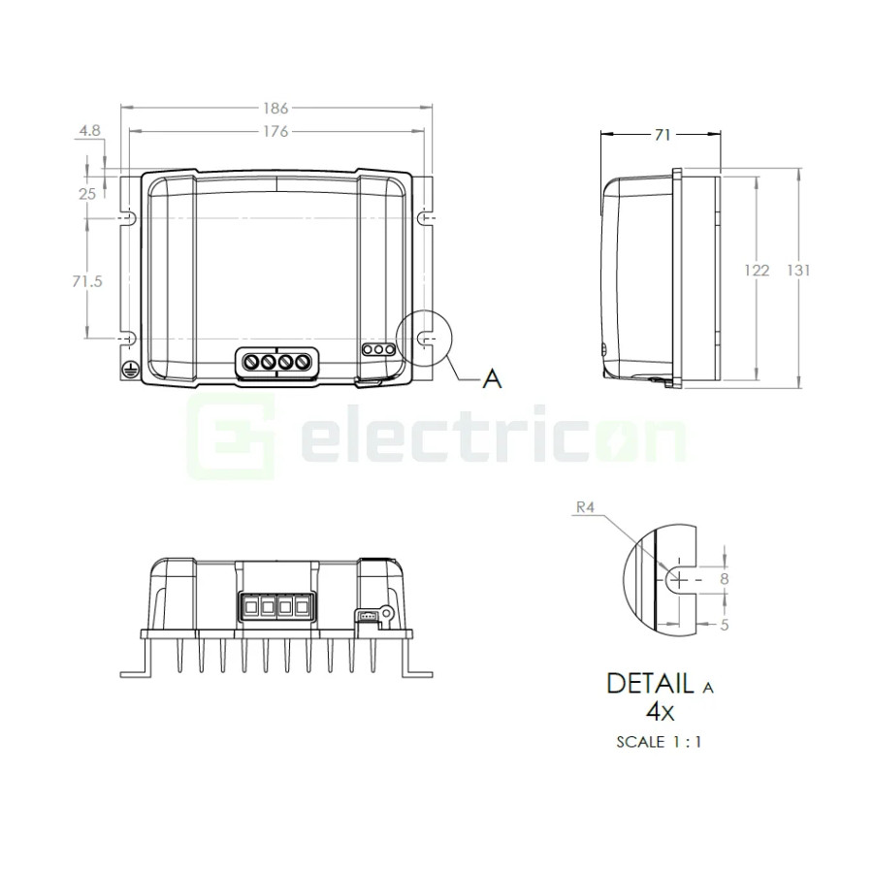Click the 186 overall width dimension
pos(275,108)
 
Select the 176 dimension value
pos(275,131)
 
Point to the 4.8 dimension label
pos(89,130)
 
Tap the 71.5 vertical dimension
pos(87,281)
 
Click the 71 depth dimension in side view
pos(662,135)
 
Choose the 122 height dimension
pos(757,270)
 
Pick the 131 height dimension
pos(798,270)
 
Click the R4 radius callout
pos(585,507)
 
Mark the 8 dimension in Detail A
pos(724,579)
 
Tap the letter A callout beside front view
pos(492,379)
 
